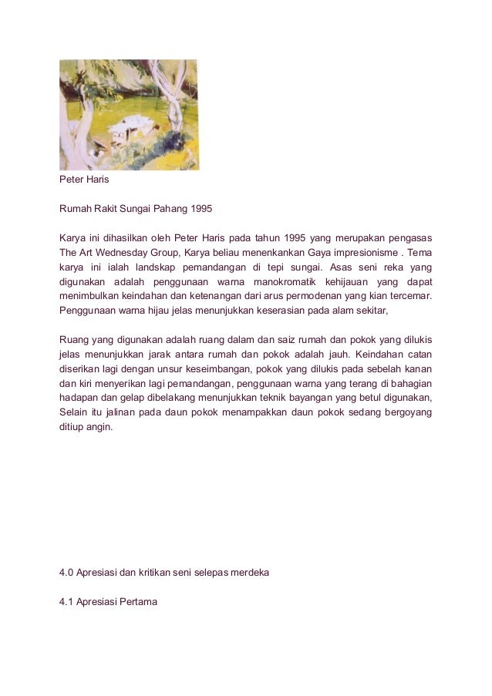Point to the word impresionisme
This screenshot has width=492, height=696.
369,252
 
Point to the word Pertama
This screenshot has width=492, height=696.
136,602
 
